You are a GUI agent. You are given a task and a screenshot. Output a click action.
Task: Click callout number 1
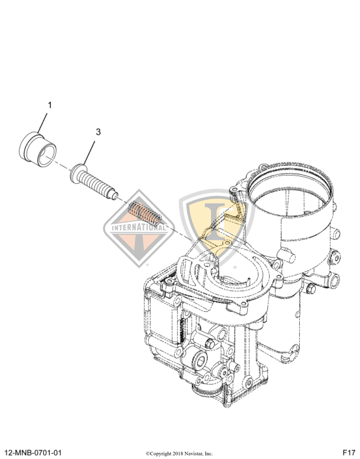pyautogui.click(x=50, y=105)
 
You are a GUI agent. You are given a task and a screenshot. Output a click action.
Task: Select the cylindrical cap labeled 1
pyautogui.click(x=38, y=147)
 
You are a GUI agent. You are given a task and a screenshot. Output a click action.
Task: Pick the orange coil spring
pyautogui.click(x=144, y=213)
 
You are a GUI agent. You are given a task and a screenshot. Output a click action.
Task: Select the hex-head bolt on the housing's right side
pyautogui.click(x=311, y=289)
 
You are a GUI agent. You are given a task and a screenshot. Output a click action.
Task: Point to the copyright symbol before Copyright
pyautogui.click(x=147, y=453)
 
